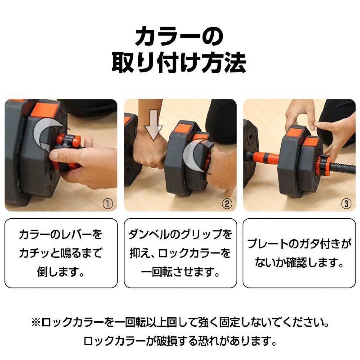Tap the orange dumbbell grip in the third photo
tap(265, 157)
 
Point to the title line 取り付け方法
tap(179, 63)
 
